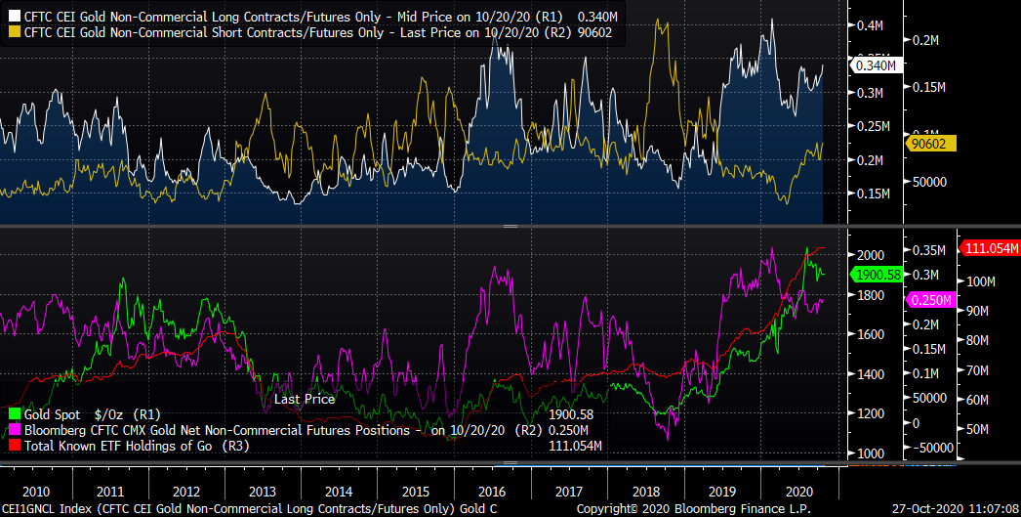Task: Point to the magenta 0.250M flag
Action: point(927,300)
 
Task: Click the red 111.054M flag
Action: point(991,248)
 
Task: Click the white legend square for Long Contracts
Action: point(13,17)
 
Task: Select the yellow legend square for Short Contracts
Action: point(13,32)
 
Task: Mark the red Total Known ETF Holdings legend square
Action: point(13,447)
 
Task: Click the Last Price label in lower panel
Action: point(304,399)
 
